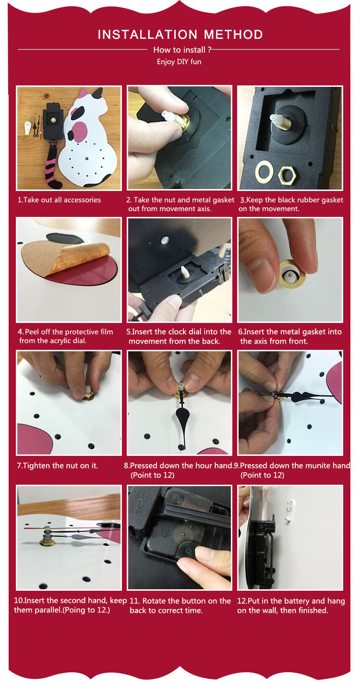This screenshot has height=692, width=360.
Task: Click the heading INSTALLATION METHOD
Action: (180, 35)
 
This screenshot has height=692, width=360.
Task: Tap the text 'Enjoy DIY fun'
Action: (179, 62)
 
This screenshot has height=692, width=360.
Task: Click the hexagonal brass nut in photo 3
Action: (287, 176)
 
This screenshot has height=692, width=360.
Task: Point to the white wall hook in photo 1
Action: (28, 128)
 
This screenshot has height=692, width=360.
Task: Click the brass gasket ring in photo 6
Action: (292, 274)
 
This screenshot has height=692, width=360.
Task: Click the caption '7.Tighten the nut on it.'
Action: (57, 465)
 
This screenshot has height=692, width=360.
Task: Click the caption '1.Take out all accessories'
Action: (59, 200)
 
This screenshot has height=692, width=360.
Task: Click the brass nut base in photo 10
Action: (47, 541)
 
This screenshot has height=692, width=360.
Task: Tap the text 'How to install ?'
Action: (182, 50)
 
